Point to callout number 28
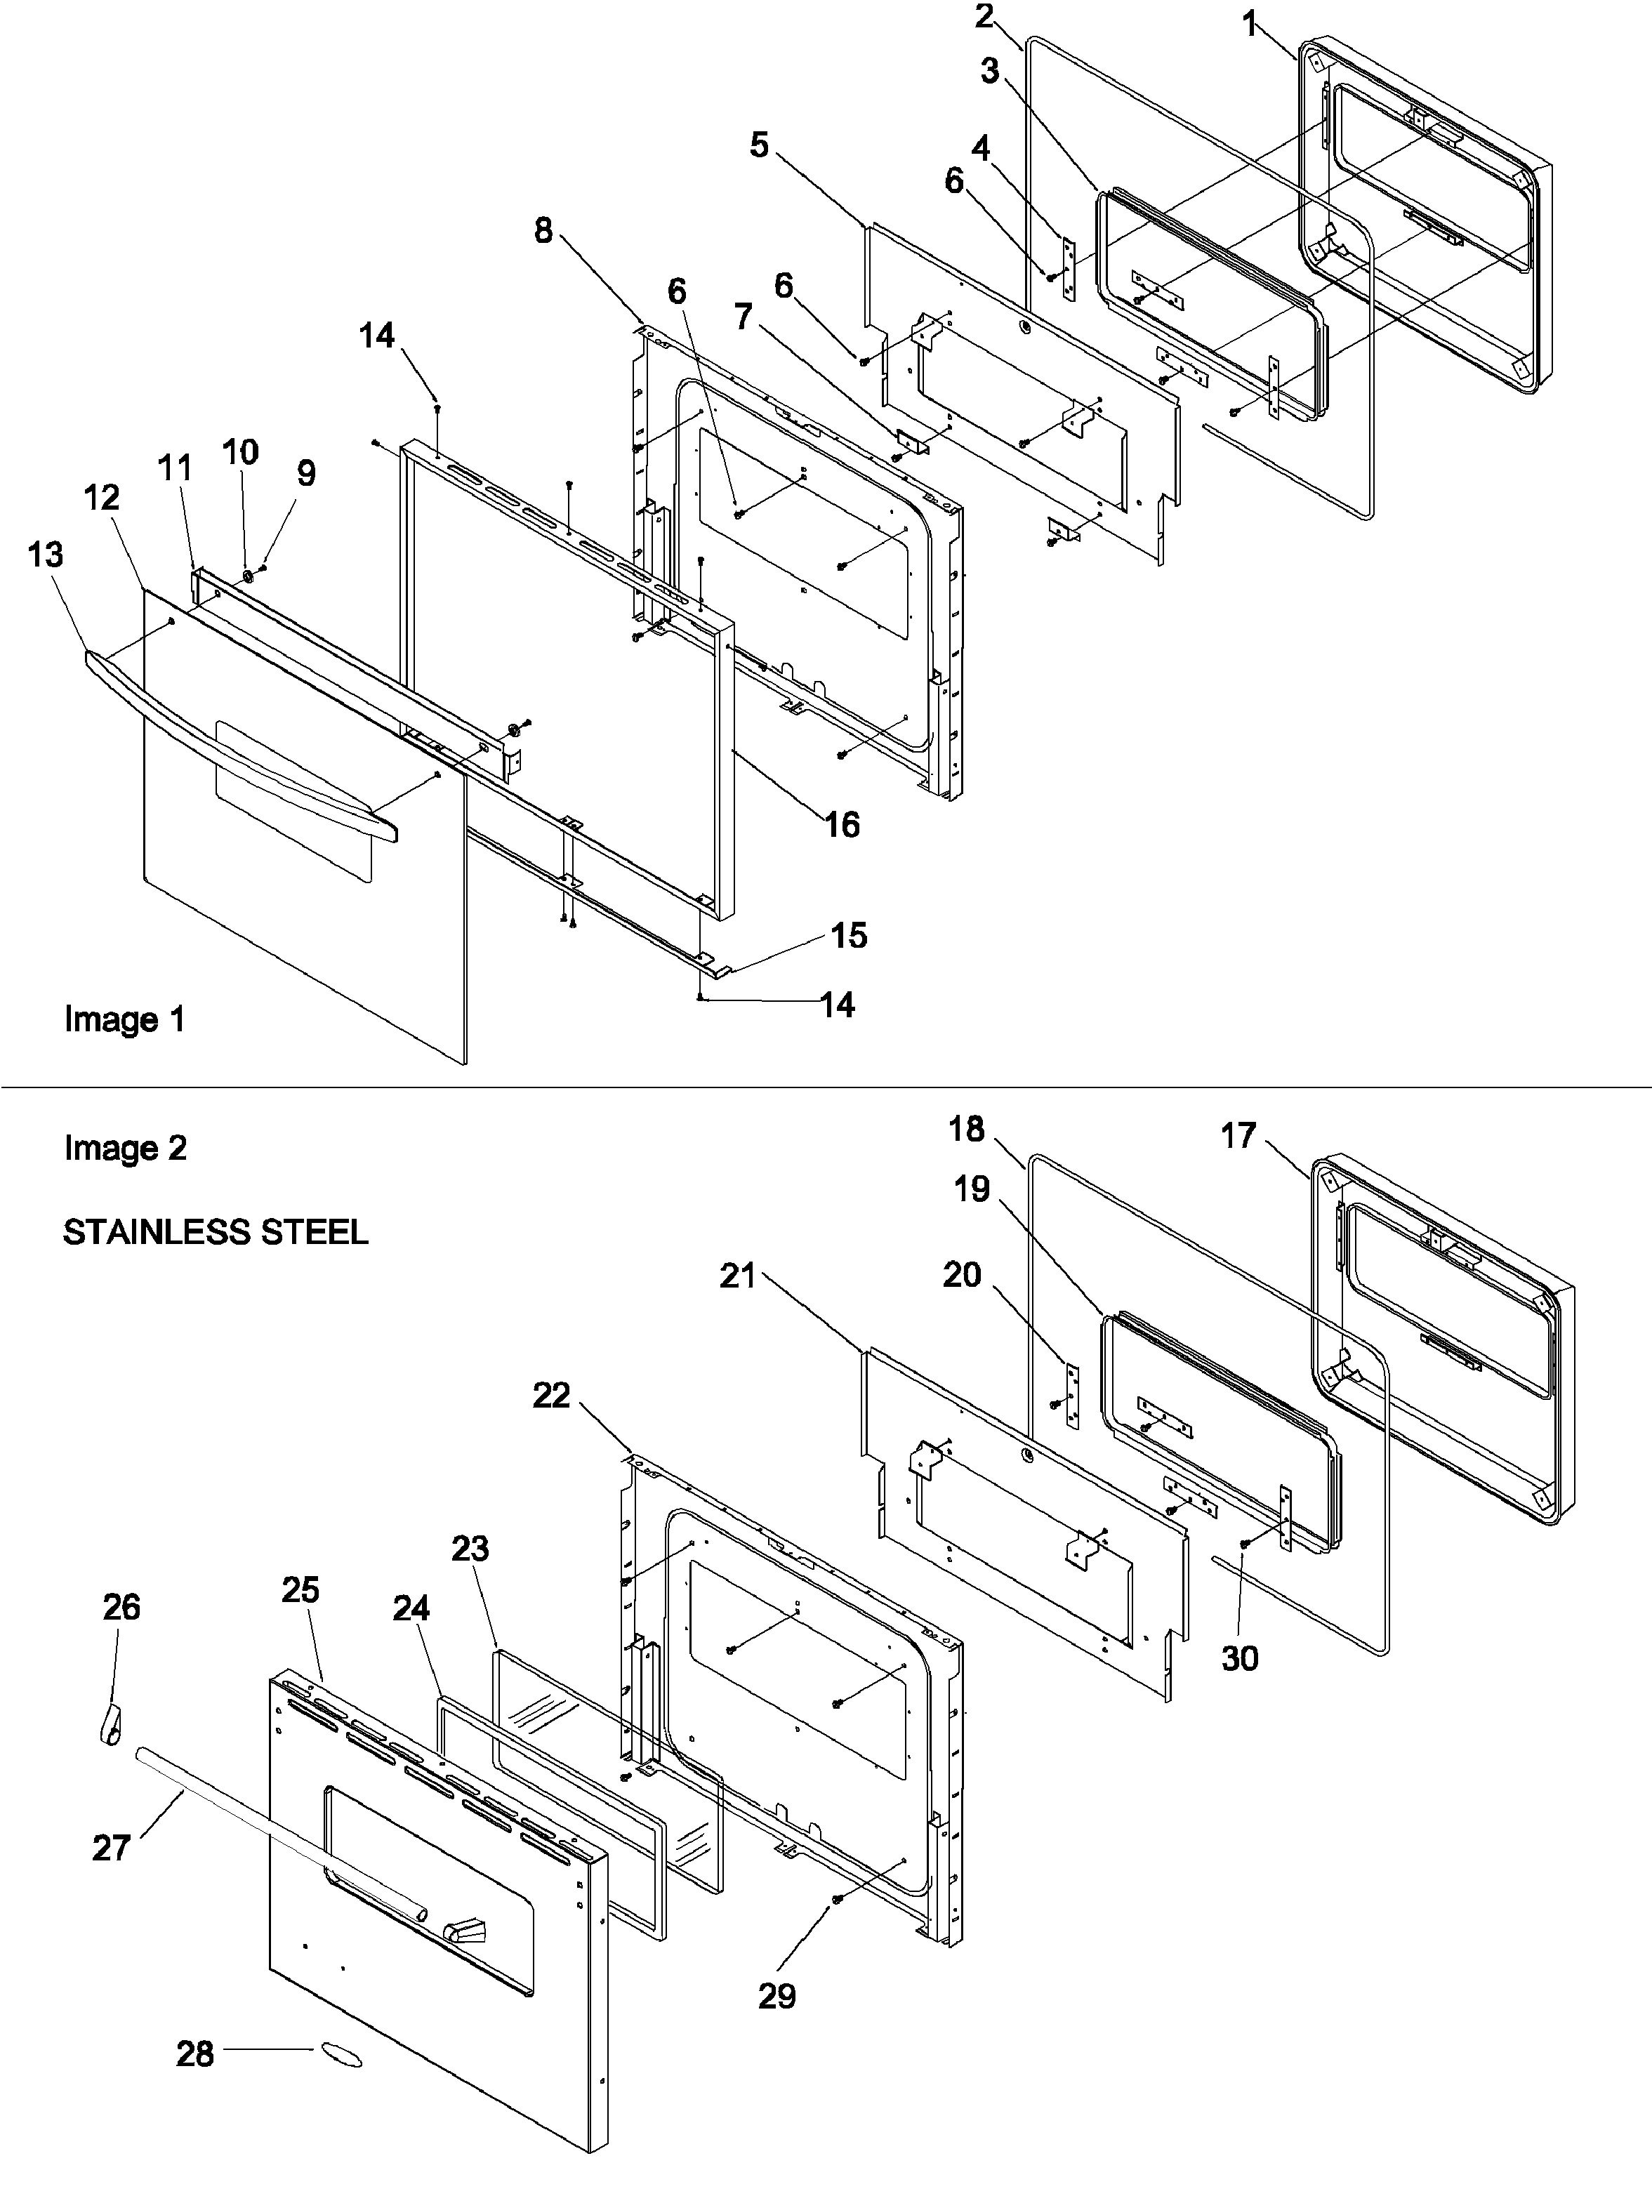pyautogui.click(x=195, y=2053)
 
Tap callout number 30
pyautogui.click(x=1240, y=1658)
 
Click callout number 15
pyautogui.click(x=848, y=935)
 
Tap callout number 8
pyautogui.click(x=543, y=231)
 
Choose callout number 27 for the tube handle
pyautogui.click(x=112, y=1848)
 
